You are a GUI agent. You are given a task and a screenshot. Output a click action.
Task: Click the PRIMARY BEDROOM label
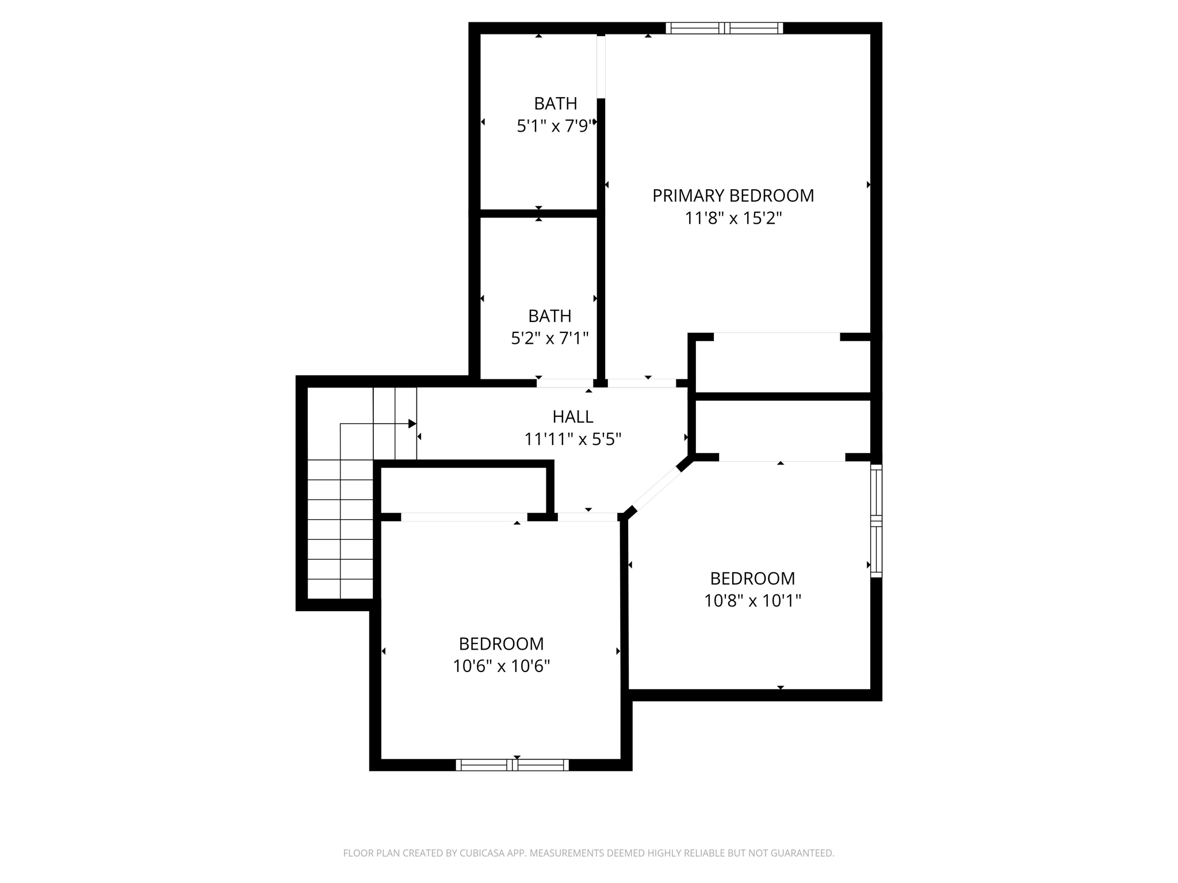733,196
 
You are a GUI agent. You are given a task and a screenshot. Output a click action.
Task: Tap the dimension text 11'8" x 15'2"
733,218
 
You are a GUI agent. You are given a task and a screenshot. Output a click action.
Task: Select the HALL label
572,417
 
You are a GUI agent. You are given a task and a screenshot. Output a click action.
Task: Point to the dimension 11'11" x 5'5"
572,440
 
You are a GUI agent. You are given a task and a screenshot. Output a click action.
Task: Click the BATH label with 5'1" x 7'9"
555,103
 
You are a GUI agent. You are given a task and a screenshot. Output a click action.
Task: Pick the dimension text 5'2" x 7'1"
550,339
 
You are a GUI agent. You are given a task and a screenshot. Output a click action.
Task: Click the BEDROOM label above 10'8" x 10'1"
752,578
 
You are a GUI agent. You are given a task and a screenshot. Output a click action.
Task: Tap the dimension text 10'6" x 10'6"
501,666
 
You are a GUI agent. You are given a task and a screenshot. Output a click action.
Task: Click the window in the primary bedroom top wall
724,28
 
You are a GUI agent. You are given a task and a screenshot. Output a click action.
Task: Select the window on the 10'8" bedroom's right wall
875,521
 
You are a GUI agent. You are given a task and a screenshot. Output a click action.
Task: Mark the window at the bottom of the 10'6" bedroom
512,765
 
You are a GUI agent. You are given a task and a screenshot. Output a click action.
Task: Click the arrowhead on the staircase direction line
412,424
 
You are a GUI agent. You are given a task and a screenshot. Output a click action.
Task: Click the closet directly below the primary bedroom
782,365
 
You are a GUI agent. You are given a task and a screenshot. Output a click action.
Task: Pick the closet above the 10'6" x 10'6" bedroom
463,490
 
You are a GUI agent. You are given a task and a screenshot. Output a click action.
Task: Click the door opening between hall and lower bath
565,383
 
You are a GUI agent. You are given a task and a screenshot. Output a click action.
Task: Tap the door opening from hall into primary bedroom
641,383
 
